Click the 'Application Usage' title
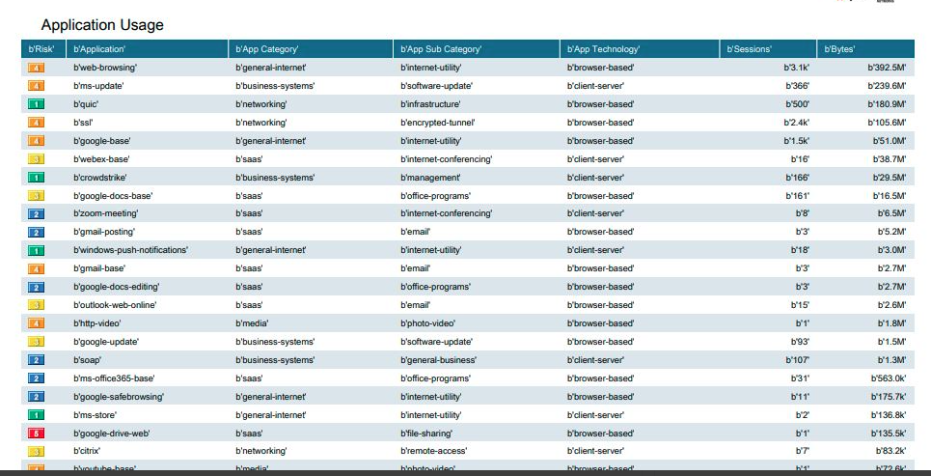click(102, 25)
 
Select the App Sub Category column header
click(441, 49)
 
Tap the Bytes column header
click(839, 49)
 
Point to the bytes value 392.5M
click(886, 68)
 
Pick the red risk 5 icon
click(36, 434)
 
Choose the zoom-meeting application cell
click(106, 213)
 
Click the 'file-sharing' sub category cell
click(426, 434)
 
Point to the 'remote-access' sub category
click(433, 451)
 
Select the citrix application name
click(87, 451)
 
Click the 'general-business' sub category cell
click(438, 360)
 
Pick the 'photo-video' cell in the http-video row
click(427, 323)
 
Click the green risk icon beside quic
click(36, 104)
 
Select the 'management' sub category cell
click(430, 178)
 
